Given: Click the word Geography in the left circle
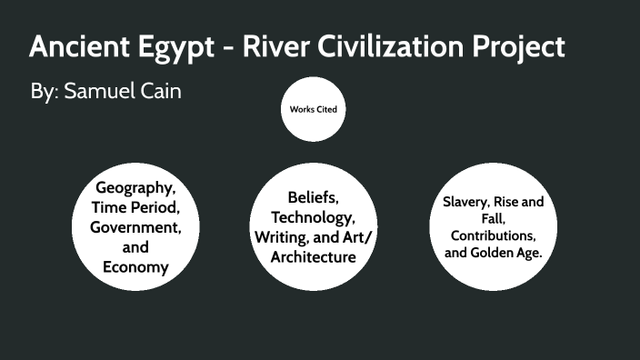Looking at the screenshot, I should click(x=135, y=188).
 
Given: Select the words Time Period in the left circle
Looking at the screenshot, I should click(x=135, y=208).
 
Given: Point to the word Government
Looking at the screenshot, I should click(x=135, y=227).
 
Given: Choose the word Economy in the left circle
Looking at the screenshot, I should click(x=135, y=266).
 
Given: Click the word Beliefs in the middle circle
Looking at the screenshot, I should click(x=312, y=196).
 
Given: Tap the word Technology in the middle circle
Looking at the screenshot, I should click(x=313, y=217).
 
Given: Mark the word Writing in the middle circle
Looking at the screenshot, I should click(x=284, y=237).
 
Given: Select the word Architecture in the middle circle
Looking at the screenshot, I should click(x=313, y=257).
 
